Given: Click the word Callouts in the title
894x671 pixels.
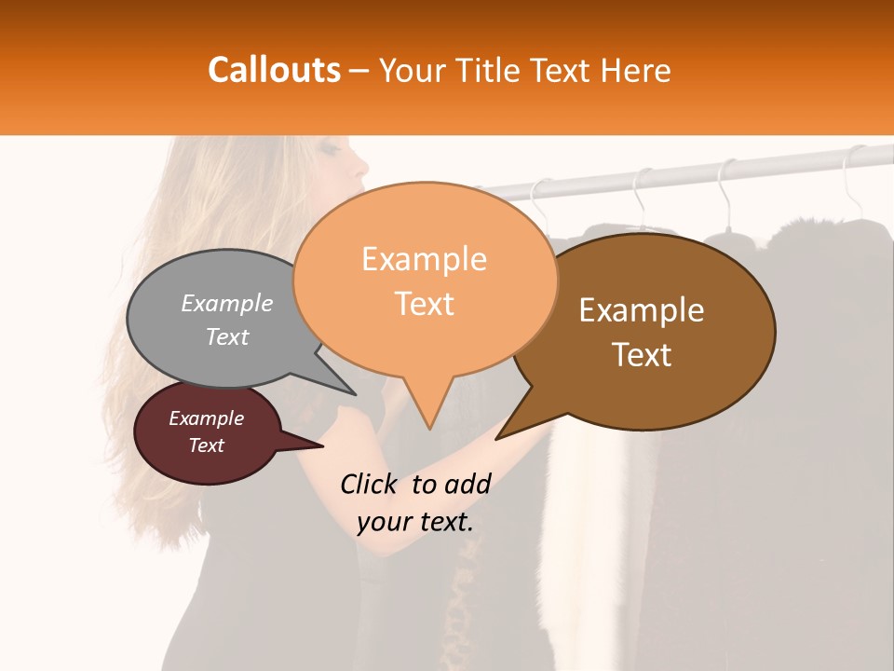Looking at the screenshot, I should (274, 70).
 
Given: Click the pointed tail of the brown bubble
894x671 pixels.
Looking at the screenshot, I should (500, 436).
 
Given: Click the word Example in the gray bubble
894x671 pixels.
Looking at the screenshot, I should (227, 303).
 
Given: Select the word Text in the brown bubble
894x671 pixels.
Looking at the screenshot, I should (642, 355).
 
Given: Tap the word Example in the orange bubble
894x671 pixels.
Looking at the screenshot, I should (424, 259).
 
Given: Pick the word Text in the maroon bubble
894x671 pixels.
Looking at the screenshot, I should (207, 445).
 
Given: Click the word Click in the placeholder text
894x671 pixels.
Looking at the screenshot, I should (371, 484).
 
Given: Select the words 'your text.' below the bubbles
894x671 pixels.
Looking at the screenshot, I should (415, 522).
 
